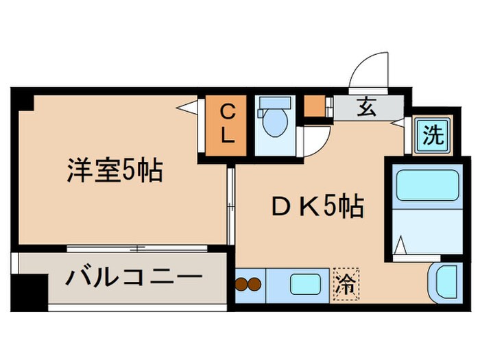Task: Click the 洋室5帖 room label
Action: point(115,169)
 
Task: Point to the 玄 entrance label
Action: point(365,107)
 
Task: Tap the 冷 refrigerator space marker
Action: point(346,283)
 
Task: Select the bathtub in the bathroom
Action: point(427,185)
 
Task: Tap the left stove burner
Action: point(242,284)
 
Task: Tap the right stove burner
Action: point(255,284)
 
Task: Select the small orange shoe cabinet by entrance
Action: point(314,106)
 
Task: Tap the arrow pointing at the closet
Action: point(186,107)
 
